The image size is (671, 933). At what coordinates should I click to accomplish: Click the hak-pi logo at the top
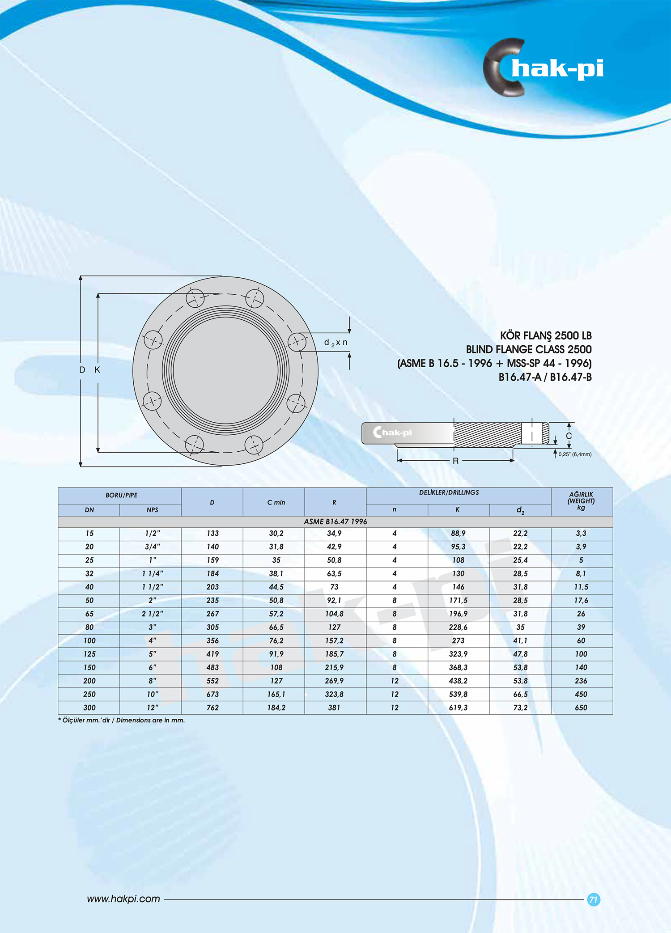(544, 68)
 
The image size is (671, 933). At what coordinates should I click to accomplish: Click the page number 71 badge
(593, 899)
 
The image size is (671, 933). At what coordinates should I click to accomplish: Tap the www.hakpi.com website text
(123, 899)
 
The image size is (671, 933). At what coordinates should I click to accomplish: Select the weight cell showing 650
(581, 708)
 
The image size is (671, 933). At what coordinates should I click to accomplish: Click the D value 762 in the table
(212, 708)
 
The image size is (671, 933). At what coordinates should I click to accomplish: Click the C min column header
(276, 502)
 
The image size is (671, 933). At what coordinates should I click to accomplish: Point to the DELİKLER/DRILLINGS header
(449, 492)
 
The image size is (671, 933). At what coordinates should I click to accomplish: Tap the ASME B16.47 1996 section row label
(335, 522)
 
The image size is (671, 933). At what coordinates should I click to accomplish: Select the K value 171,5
(458, 600)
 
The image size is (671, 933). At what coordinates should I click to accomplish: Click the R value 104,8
(334, 614)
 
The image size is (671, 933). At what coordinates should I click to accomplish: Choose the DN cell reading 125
(89, 654)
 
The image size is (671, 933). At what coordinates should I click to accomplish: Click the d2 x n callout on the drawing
(335, 343)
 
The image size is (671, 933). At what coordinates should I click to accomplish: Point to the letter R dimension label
(455, 461)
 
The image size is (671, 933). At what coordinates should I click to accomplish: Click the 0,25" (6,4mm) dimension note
(574, 454)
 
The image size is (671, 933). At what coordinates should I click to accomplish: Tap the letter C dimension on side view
(569, 436)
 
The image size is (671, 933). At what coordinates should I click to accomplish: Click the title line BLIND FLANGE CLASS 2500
(528, 349)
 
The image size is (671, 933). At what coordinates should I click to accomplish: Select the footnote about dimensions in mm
(121, 720)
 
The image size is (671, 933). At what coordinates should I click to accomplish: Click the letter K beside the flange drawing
(97, 370)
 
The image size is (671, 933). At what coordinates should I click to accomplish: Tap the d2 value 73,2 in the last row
(520, 708)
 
